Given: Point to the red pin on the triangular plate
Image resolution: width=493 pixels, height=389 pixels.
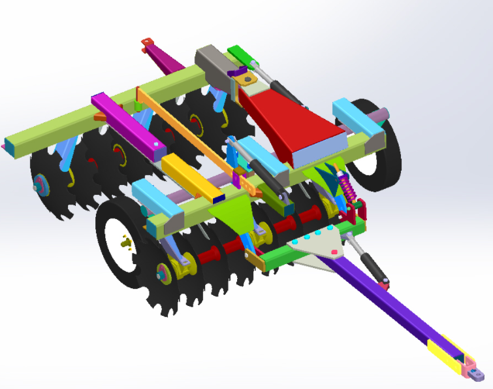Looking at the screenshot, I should pyautogui.click(x=334, y=251).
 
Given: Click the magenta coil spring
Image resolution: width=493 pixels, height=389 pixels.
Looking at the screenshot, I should pyautogui.click(x=347, y=190).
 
